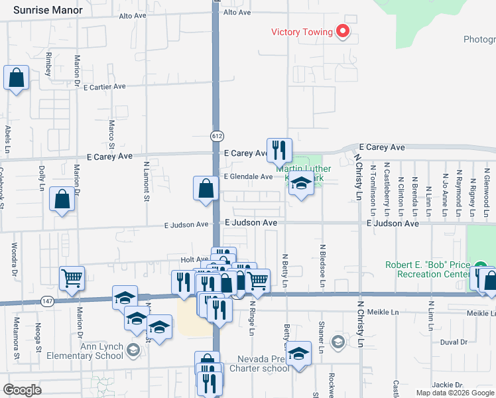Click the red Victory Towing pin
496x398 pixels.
click(x=343, y=31)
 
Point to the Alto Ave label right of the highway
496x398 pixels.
click(x=237, y=13)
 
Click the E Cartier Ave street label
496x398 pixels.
click(x=104, y=87)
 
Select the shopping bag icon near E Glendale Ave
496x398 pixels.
click(x=206, y=188)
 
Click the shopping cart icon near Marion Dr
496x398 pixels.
click(x=72, y=279)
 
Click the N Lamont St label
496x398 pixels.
click(x=146, y=180)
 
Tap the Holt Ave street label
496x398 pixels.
click(x=195, y=259)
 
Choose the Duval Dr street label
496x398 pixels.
click(x=454, y=342)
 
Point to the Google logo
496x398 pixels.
click(x=23, y=390)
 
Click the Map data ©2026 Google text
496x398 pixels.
click(x=455, y=393)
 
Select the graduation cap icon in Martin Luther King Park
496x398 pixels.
click(x=301, y=185)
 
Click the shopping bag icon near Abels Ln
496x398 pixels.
click(x=16, y=78)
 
